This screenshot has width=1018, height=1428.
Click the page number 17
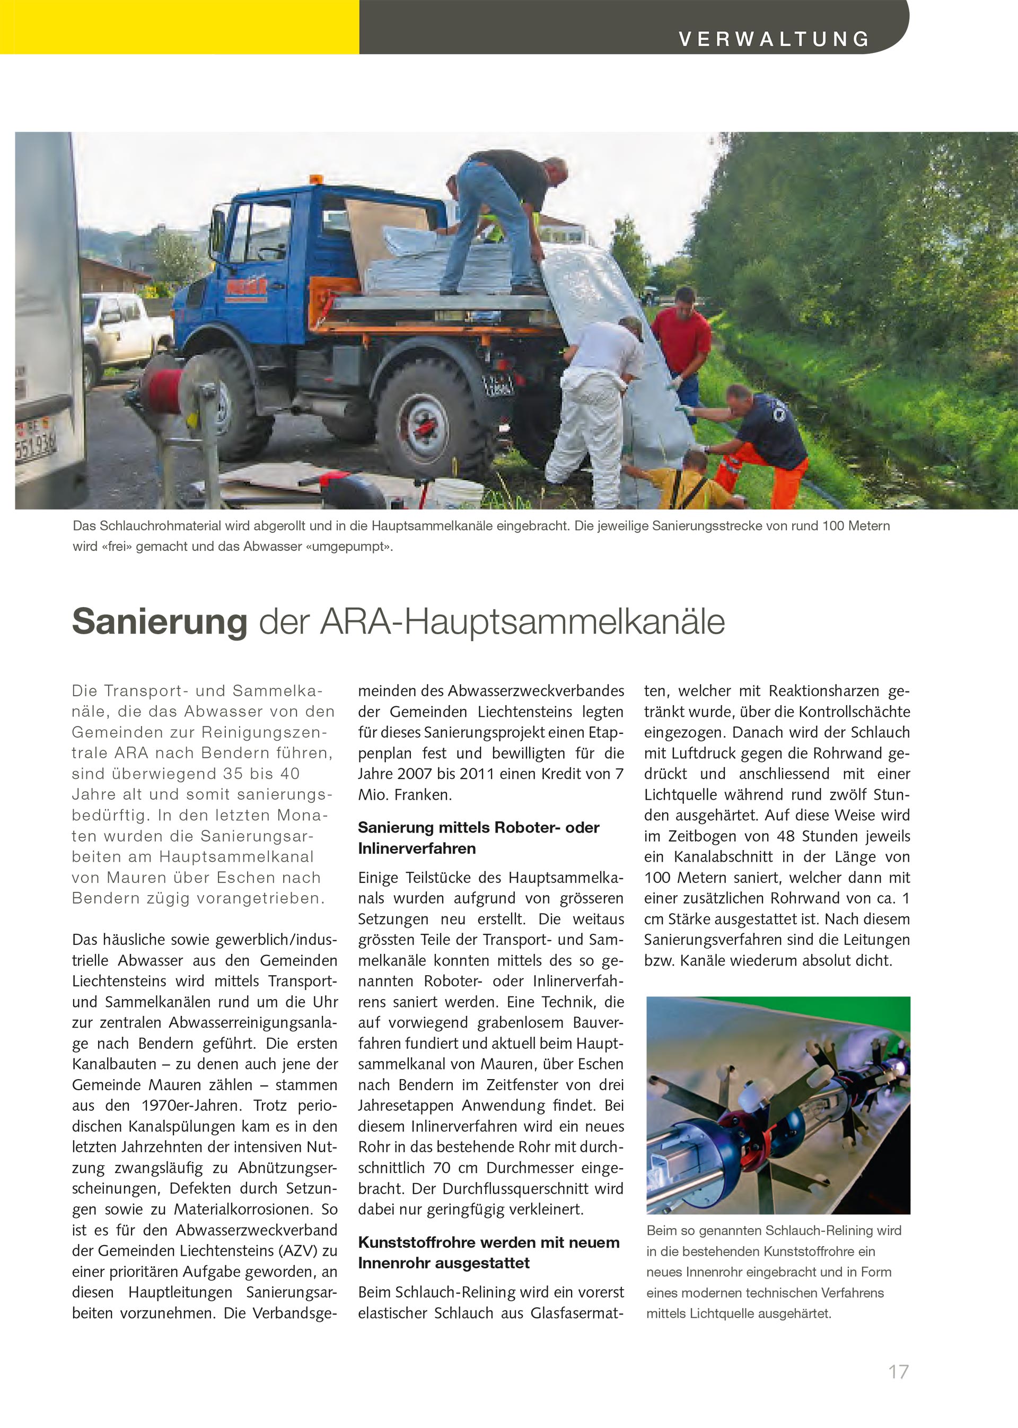pyautogui.click(x=898, y=1372)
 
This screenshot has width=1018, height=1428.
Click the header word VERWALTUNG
pyautogui.click(x=774, y=39)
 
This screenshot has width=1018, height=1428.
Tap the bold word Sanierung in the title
pyautogui.click(x=160, y=621)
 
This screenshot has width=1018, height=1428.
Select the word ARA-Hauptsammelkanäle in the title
pyautogui.click(x=522, y=621)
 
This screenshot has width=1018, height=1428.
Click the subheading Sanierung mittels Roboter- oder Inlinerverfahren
pyautogui.click(x=479, y=837)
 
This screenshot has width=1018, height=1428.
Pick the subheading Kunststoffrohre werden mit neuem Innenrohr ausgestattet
pyautogui.click(x=488, y=1252)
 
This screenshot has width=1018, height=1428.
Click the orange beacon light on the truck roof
pyautogui.click(x=317, y=180)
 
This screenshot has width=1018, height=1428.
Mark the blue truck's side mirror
pyautogui.click(x=218, y=229)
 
